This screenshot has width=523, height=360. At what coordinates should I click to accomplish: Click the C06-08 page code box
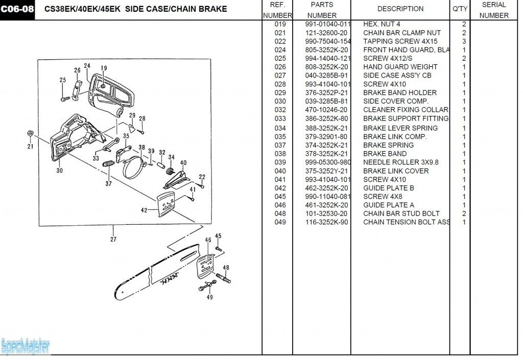(x=17, y=9)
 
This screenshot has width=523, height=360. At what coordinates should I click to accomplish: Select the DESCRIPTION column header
(x=400, y=9)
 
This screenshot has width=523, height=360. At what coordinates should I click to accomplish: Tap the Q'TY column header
(x=460, y=9)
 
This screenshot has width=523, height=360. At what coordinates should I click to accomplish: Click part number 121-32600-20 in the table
(x=326, y=33)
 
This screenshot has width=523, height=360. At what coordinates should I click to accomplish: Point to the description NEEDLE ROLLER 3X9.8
(x=401, y=162)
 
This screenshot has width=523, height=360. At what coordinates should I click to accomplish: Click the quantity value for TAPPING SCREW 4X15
(x=464, y=41)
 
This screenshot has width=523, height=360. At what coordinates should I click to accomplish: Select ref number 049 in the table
(x=280, y=222)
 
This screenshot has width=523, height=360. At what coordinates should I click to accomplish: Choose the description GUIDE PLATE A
(x=389, y=205)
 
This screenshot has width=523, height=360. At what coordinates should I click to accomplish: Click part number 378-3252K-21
(x=326, y=154)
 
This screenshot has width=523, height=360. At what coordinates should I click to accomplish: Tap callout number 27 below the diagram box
(x=113, y=239)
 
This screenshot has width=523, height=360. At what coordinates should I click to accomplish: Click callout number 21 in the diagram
(x=30, y=147)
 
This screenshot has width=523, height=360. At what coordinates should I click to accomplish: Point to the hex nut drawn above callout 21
(x=30, y=133)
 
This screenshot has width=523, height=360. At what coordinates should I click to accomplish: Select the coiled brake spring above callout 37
(x=108, y=164)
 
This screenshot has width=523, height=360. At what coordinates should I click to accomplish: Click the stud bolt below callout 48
(x=224, y=278)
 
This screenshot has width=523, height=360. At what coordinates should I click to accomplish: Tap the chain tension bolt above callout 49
(x=207, y=285)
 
